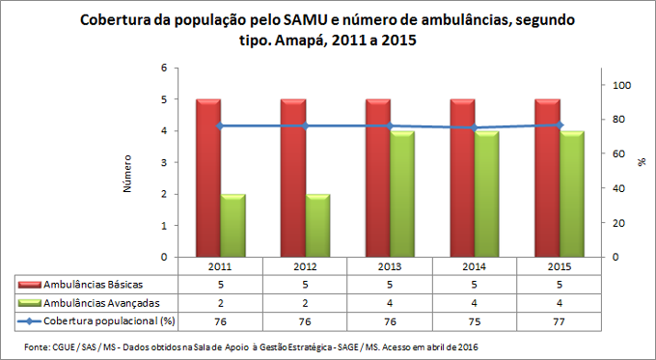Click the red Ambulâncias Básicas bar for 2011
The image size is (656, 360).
tap(208, 179)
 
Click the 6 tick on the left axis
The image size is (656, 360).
tap(163, 68)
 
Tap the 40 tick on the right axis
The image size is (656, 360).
tap(618, 188)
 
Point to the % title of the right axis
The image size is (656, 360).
tap(641, 162)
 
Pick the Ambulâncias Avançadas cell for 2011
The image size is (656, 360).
tap(220, 301)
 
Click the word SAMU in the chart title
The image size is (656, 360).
tap(306, 22)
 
